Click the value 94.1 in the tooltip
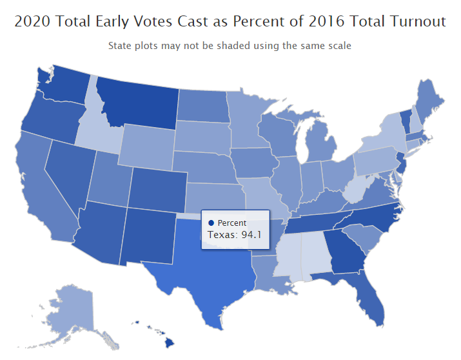tap(250, 235)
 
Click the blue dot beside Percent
tap(211, 223)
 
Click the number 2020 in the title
tap(33, 21)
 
